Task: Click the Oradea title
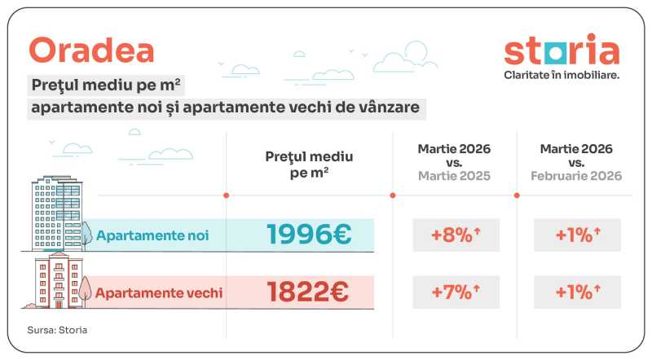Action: click(91, 50)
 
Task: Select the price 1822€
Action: click(309, 292)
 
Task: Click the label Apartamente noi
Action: click(152, 235)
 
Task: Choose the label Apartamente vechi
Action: click(159, 292)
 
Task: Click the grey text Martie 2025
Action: click(454, 176)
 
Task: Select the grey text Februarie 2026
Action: click(576, 176)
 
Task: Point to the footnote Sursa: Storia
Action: click(57, 330)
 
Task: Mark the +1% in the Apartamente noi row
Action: click(576, 235)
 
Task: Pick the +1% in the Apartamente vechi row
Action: click(576, 292)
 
